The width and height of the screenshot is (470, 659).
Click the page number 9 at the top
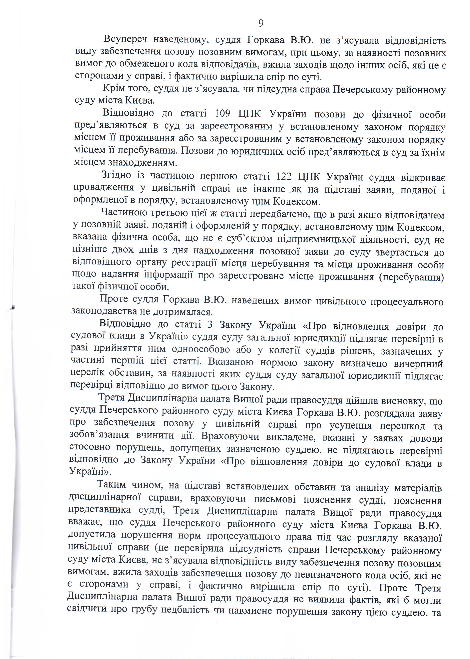[x=261, y=23]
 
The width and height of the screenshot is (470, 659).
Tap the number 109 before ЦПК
[x=223, y=113]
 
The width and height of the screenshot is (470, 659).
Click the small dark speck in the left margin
[x=12, y=308]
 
